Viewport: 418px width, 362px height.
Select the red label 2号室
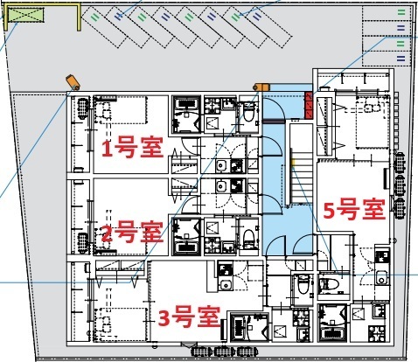tap(131, 233)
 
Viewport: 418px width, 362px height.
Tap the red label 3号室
tap(188, 315)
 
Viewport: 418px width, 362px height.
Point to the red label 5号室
tap(352, 210)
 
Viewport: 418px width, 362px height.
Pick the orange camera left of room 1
tap(73, 81)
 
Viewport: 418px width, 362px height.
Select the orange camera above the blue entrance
tap(260, 87)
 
